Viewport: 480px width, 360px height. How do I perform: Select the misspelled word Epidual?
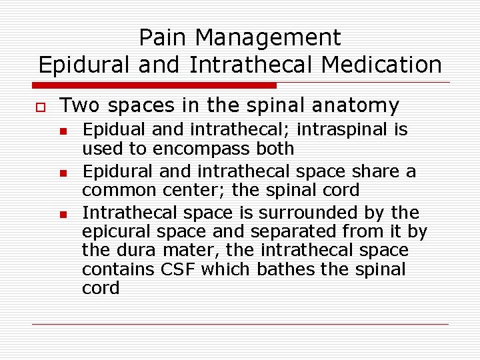110,129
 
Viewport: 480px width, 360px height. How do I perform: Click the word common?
113,190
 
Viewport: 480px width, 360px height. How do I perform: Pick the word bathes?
305,269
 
